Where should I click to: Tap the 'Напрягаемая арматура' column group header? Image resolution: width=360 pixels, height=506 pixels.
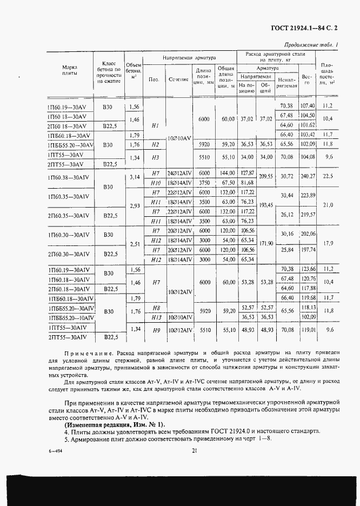point(189,57)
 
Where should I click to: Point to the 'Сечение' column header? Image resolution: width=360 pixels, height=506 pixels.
point(178,79)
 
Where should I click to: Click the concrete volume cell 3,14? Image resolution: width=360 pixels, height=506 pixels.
point(135,176)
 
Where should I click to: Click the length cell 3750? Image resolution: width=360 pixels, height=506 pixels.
point(203,182)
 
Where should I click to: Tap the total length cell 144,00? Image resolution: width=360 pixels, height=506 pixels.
point(225,172)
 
